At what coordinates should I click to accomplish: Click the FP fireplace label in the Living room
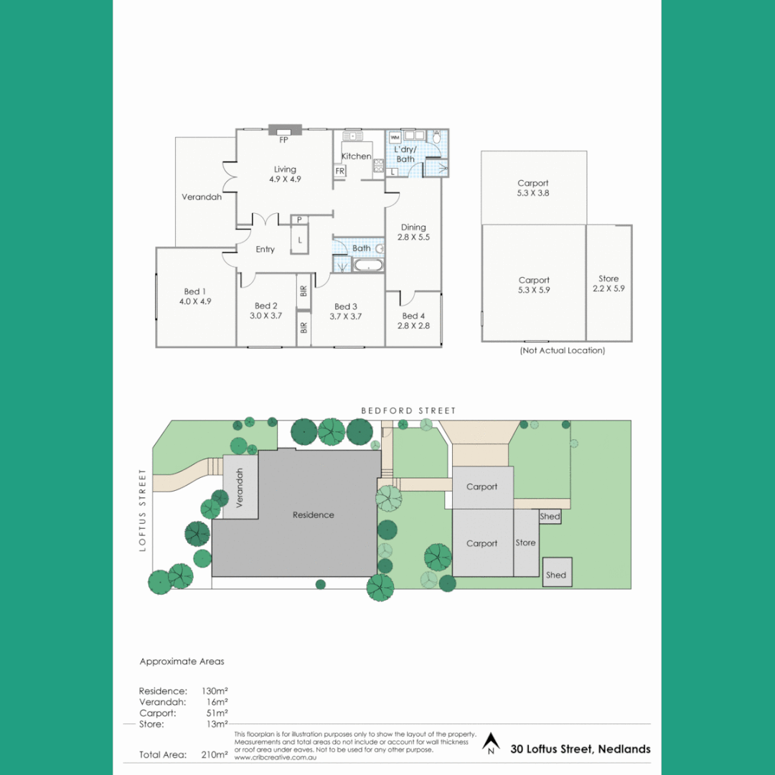tap(284, 141)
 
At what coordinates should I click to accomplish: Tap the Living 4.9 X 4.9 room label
tap(285, 174)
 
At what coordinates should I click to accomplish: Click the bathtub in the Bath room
tap(369, 266)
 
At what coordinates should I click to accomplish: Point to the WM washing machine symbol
tap(395, 136)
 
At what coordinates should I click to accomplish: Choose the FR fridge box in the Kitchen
tap(340, 171)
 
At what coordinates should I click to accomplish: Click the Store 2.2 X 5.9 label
tap(609, 283)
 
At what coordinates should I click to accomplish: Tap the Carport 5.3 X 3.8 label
tap(533, 188)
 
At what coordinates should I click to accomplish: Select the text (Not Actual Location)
tap(562, 351)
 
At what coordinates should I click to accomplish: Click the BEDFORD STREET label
tap(408, 410)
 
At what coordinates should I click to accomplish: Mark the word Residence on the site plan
tap(314, 515)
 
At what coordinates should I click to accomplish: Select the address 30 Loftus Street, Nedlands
tap(581, 749)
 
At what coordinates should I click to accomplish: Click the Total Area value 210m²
tap(215, 754)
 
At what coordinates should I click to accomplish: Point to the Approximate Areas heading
tap(182, 662)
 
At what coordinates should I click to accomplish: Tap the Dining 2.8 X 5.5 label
tap(413, 232)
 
